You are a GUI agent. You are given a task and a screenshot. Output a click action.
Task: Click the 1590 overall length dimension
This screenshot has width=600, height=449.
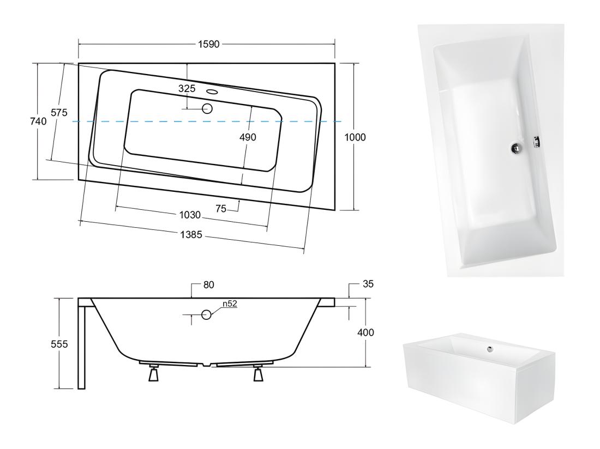coord(209,44)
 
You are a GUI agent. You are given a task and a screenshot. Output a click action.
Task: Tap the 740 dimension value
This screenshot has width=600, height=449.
coord(38,121)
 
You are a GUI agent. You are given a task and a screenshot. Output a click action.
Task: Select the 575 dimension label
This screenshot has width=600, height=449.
coord(59,112)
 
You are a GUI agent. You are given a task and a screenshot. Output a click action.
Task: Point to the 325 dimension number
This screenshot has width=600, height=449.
coord(187,89)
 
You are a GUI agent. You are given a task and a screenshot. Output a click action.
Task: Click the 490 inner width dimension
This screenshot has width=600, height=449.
coord(248,137)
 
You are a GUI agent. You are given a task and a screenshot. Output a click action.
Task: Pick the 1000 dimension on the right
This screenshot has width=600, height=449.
coord(355,137)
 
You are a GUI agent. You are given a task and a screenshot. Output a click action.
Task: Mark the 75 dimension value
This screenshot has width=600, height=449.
coord(221,208)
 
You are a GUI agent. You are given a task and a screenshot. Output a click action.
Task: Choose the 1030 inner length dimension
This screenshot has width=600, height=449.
coord(190,215)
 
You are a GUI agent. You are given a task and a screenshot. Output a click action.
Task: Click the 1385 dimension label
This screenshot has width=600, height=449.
coord(191,235)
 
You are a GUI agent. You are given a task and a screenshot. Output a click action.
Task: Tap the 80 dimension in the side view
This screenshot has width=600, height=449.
coord(208,284)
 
